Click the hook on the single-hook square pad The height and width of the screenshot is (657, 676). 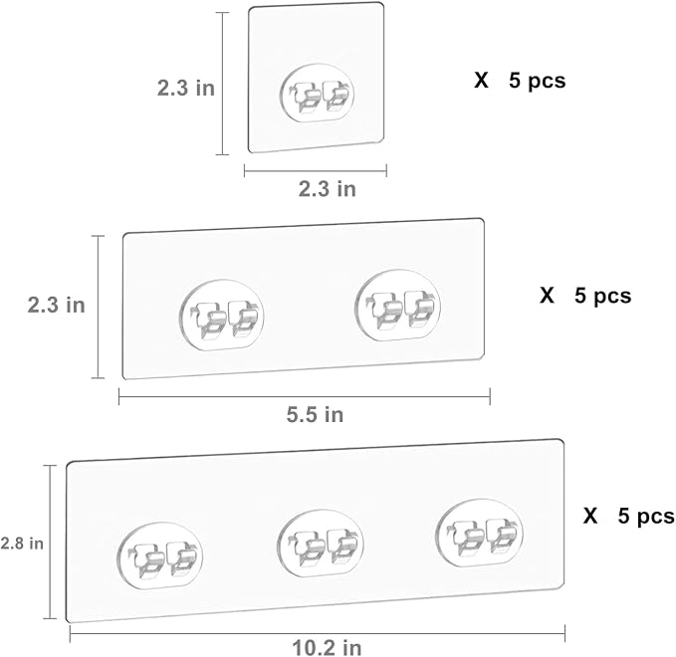tap(317, 94)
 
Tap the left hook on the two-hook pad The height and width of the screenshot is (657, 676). tap(221, 315)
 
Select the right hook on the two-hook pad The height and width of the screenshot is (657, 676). tap(398, 306)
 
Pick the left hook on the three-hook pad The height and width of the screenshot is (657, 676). tap(160, 555)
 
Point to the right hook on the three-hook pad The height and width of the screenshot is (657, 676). tap(479, 533)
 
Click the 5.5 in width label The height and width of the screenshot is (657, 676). tap(316, 415)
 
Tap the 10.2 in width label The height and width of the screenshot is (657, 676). tap(327, 647)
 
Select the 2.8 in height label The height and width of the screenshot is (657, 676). tap(22, 544)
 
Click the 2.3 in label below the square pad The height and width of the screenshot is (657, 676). tap(328, 189)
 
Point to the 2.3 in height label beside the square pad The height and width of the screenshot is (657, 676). tap(186, 88)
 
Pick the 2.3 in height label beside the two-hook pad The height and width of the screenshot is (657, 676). tap(57, 305)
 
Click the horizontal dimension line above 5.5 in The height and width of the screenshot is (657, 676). tap(305, 396)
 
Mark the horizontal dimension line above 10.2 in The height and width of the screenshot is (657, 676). tap(318, 634)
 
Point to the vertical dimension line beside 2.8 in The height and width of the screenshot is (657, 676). tap(50, 542)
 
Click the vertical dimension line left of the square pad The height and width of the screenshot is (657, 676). tap(222, 84)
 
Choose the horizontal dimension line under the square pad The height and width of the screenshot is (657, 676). tap(316, 170)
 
